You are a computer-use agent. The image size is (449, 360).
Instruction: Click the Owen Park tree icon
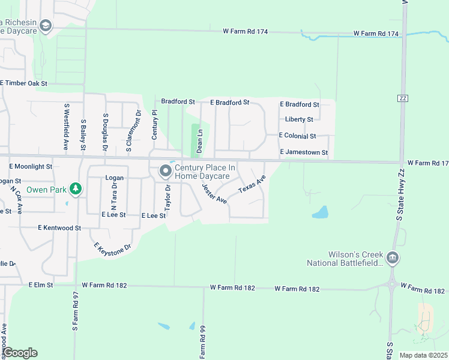(75, 190)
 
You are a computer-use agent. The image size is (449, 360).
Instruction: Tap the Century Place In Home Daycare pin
(165, 172)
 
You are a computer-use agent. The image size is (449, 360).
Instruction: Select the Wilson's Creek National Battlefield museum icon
(393, 258)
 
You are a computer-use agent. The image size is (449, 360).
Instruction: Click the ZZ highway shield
(402, 98)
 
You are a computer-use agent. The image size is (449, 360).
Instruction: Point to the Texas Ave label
(252, 185)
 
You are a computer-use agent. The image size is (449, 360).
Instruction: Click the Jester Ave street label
(214, 193)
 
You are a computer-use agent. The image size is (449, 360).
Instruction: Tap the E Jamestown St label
(304, 152)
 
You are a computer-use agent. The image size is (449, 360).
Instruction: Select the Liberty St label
(299, 119)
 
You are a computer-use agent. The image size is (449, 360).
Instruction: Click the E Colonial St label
(298, 136)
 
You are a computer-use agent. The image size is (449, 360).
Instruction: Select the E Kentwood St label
(59, 228)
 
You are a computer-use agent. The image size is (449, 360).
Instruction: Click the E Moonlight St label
(31, 166)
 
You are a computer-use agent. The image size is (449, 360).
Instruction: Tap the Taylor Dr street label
(168, 196)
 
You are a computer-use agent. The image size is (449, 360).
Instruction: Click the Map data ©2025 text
(423, 355)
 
